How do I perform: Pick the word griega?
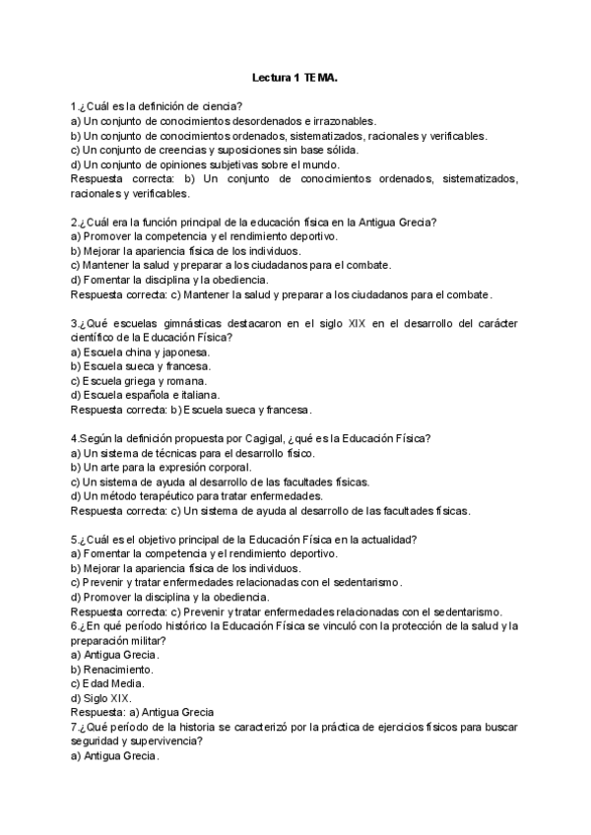[144, 380]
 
